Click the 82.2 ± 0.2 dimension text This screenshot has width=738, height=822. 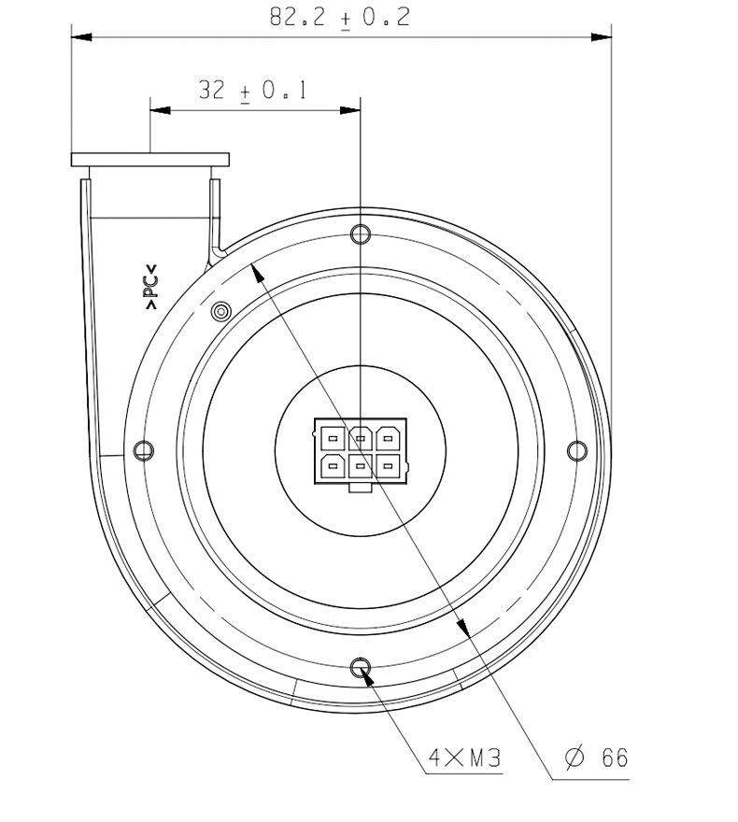[340, 18]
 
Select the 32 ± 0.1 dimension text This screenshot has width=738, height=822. [253, 91]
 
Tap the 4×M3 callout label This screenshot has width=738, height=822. [465, 758]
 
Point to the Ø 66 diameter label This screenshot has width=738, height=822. [597, 758]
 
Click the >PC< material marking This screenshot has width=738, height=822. [151, 286]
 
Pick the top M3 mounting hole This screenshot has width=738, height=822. [361, 234]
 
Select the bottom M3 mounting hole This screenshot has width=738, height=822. [360, 668]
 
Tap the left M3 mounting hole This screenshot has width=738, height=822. [144, 450]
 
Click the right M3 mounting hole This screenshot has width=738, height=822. [577, 450]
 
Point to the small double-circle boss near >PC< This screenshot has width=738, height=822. [220, 312]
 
